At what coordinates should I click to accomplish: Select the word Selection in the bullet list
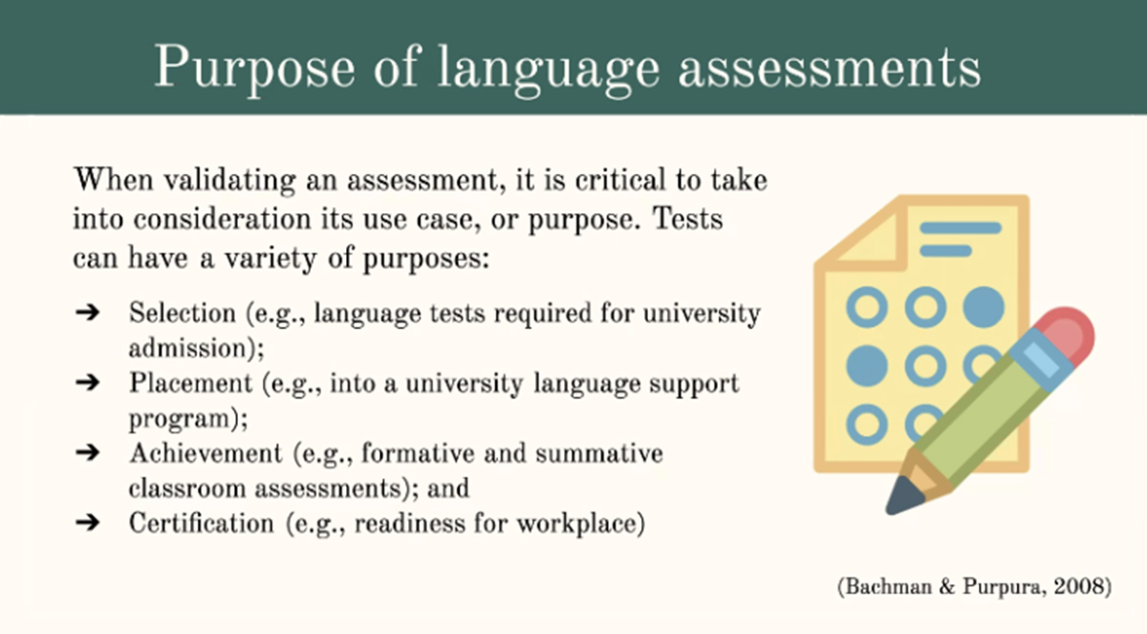point(183,313)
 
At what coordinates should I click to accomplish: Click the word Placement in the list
point(190,383)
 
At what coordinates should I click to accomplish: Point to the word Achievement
point(206,452)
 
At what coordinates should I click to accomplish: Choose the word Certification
point(202,523)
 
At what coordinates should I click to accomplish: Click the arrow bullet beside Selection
point(88,312)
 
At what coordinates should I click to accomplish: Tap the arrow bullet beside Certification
point(88,522)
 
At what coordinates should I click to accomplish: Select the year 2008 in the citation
point(1078,586)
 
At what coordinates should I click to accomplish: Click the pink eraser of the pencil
point(1068,336)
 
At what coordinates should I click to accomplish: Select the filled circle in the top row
point(984,307)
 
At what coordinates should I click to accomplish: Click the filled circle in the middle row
point(867,365)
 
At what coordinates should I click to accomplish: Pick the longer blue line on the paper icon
point(961,228)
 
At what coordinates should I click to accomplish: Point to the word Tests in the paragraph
point(687,219)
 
